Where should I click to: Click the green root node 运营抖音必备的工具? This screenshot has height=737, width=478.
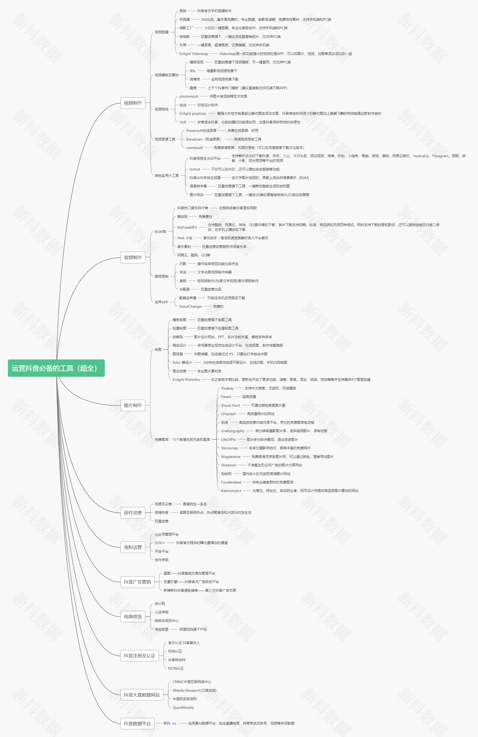tap(56, 368)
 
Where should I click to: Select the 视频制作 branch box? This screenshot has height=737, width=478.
tap(133, 103)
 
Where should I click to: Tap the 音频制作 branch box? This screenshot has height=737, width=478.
tap(133, 257)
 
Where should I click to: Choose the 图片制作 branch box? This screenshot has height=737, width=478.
tap(133, 405)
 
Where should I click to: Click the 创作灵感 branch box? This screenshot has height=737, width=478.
tap(133, 512)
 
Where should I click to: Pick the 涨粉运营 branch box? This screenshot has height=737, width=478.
tap(133, 547)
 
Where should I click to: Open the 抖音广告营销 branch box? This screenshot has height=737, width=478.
tap(137, 582)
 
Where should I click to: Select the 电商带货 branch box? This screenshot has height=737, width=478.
tap(133, 616)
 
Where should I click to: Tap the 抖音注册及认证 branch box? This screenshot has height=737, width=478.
tap(139, 656)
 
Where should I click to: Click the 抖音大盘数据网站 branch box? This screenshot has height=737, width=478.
tap(142, 695)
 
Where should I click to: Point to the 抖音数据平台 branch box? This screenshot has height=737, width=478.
tap(137, 723)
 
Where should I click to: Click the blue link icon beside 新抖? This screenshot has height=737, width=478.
tap(174, 724)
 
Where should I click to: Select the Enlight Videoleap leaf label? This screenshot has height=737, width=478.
tap(194, 54)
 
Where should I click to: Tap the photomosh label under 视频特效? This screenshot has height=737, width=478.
tap(189, 96)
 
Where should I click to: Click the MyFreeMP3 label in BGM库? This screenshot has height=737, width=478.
tap(187, 227)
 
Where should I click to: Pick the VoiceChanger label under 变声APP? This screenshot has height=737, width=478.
tap(191, 306)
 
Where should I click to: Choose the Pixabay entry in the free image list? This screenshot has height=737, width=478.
tap(227, 388)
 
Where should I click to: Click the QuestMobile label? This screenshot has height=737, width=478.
tap(183, 708)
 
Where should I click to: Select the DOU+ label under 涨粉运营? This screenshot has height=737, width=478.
tap(160, 542)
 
